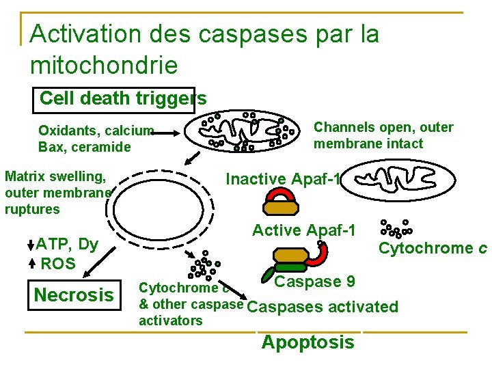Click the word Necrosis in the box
pos(74,295)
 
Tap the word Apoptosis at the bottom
pos(307,342)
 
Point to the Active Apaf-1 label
pos(304,230)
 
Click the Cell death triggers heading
pos(123,98)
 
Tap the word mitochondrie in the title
pos(104,66)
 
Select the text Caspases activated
pos(322,307)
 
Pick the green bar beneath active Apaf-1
pos(291,268)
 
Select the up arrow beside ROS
pos(32,263)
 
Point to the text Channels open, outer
pos(383,127)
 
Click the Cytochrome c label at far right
pos(433,248)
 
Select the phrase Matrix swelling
pos(55,176)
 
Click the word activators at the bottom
pos(170,320)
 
